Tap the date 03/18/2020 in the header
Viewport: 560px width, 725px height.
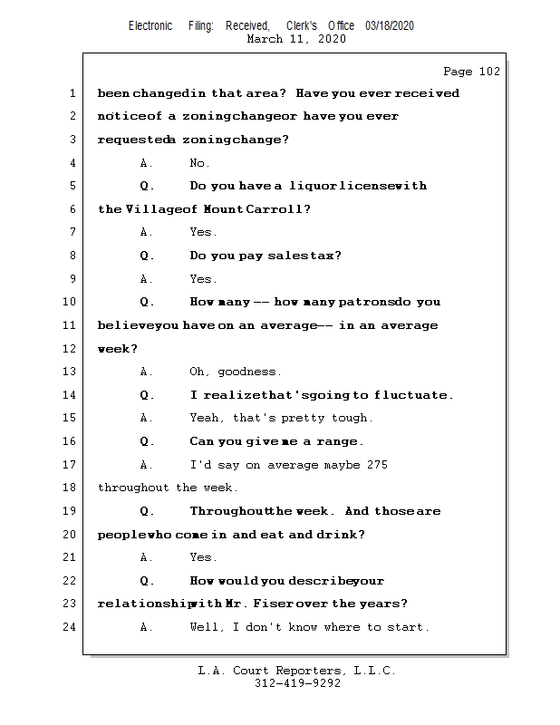coord(390,26)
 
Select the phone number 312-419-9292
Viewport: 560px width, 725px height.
coord(297,684)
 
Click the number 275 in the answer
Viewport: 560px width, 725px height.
coord(377,465)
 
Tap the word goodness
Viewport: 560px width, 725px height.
coord(248,372)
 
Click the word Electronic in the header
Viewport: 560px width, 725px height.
coord(150,26)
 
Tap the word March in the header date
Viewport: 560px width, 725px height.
coord(265,39)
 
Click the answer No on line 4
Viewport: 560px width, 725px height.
coord(199,163)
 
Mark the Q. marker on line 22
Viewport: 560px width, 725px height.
coord(147,581)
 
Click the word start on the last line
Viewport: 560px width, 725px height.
coord(409,627)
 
